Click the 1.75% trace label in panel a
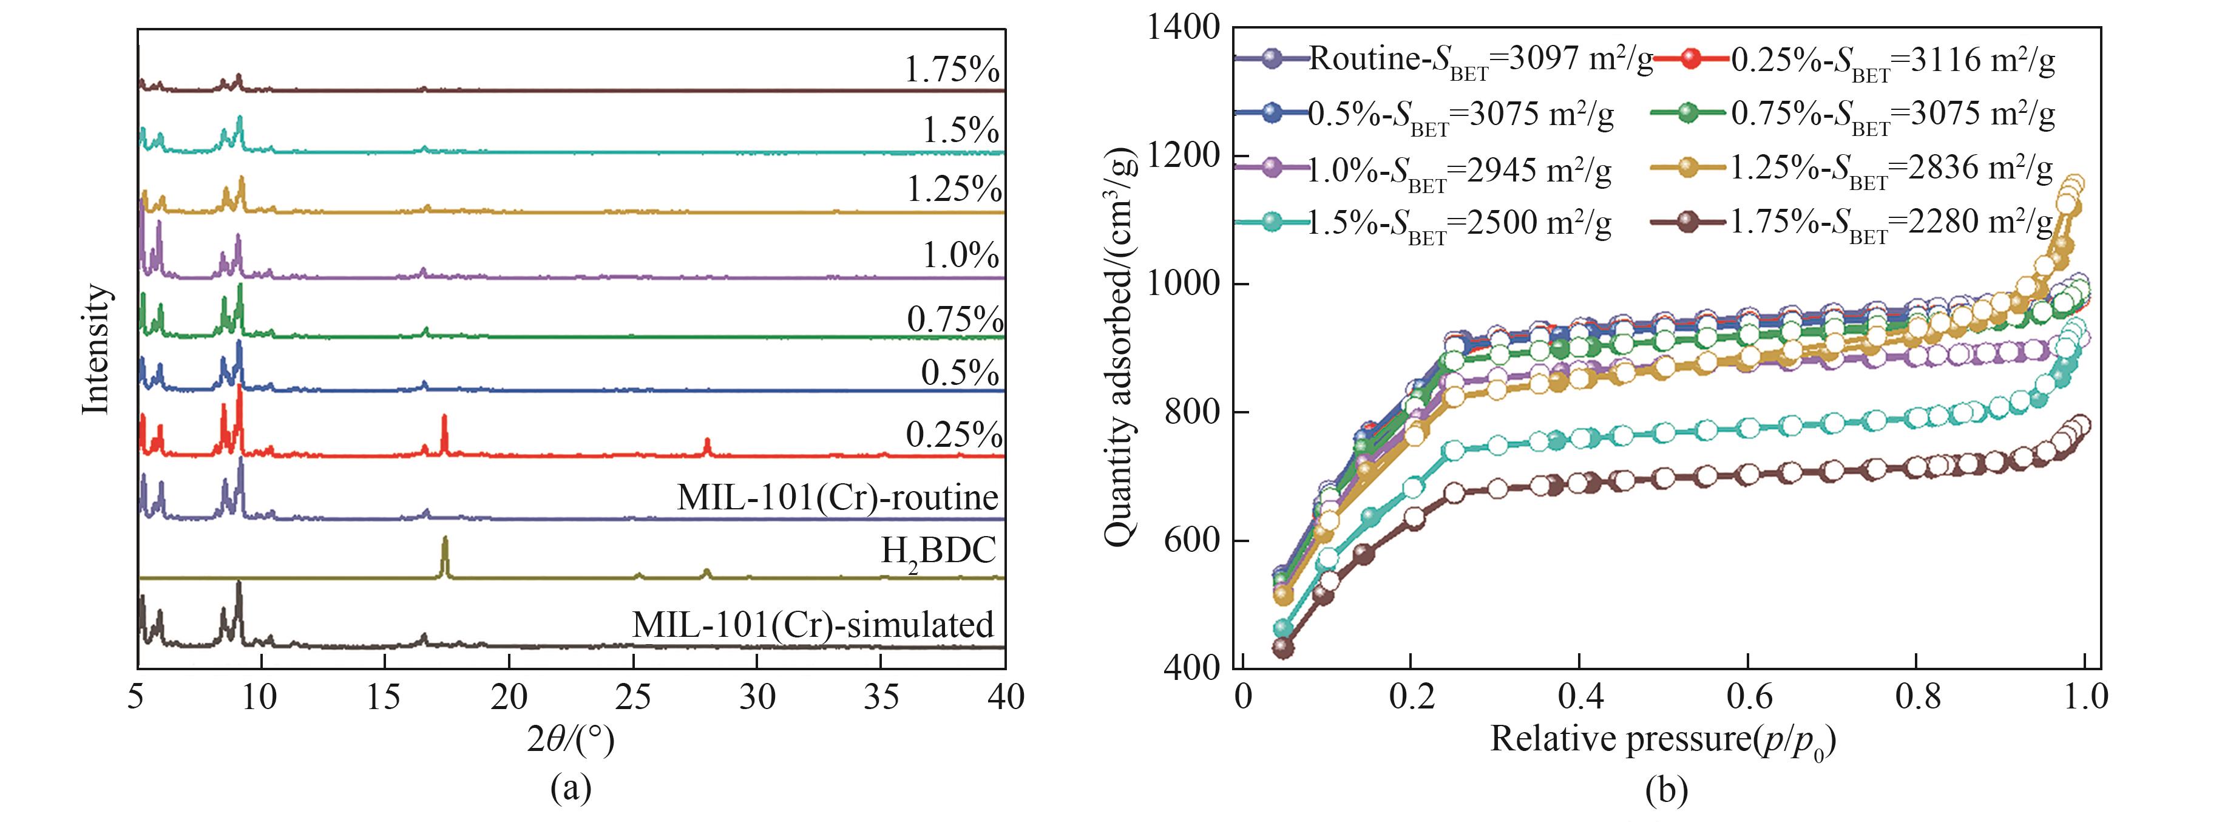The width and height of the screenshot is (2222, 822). tap(952, 70)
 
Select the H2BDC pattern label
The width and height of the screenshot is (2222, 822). tap(938, 549)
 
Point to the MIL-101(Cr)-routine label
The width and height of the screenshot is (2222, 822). tap(838, 498)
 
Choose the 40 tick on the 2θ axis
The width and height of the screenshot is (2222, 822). tap(1005, 697)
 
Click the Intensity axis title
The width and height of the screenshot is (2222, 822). tap(97, 348)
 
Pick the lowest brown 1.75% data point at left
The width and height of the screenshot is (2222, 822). tap(1284, 647)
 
